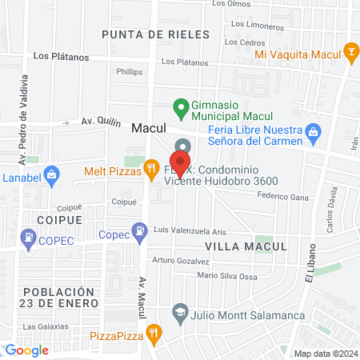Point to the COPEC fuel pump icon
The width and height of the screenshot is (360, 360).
pos(29,238)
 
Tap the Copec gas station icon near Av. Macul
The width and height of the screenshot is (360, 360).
pos(141,232)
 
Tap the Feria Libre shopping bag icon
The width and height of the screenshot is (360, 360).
pos(314,130)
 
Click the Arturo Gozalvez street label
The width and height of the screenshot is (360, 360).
pos(181,260)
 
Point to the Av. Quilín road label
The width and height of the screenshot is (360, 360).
pos(98,122)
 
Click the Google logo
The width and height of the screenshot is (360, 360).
pos(26,350)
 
